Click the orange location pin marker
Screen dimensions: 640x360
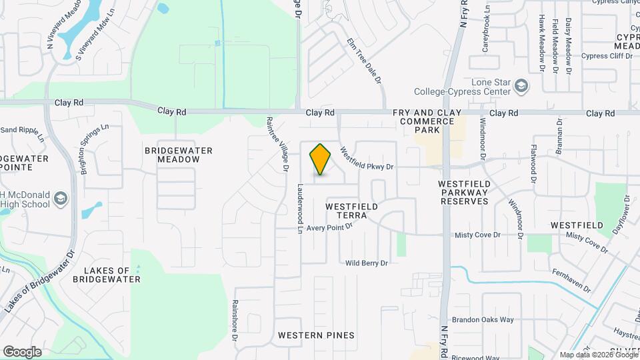[320, 159]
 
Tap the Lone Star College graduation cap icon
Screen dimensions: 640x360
[521, 87]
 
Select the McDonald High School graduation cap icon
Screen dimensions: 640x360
[61, 199]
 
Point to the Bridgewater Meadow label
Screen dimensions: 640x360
[178, 155]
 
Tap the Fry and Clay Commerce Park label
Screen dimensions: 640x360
[427, 123]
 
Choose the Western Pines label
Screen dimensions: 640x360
[316, 335]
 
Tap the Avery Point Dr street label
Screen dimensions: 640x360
[329, 227]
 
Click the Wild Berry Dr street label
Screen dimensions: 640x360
[366, 263]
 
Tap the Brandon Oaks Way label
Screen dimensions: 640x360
[483, 319]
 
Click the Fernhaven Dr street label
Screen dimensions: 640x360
[571, 281]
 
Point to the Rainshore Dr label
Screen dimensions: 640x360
[235, 321]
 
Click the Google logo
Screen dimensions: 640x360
[22, 351]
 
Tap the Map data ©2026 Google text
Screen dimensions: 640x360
[598, 355]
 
